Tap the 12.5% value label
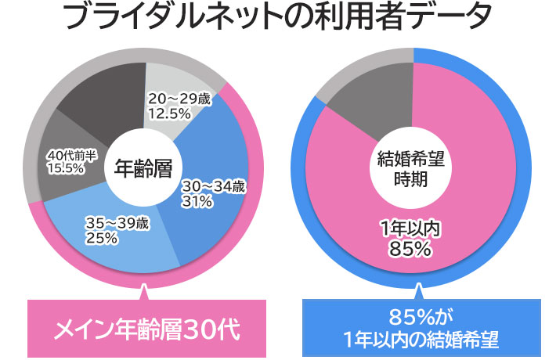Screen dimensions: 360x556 168,113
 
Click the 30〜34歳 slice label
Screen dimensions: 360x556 214,187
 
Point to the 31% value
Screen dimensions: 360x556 197,202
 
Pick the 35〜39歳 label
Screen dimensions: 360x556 117,223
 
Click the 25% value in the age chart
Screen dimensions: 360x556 102,238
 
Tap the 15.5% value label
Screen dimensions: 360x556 67,167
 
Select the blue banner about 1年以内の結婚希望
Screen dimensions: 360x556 421,329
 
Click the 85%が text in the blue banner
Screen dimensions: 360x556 421,319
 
